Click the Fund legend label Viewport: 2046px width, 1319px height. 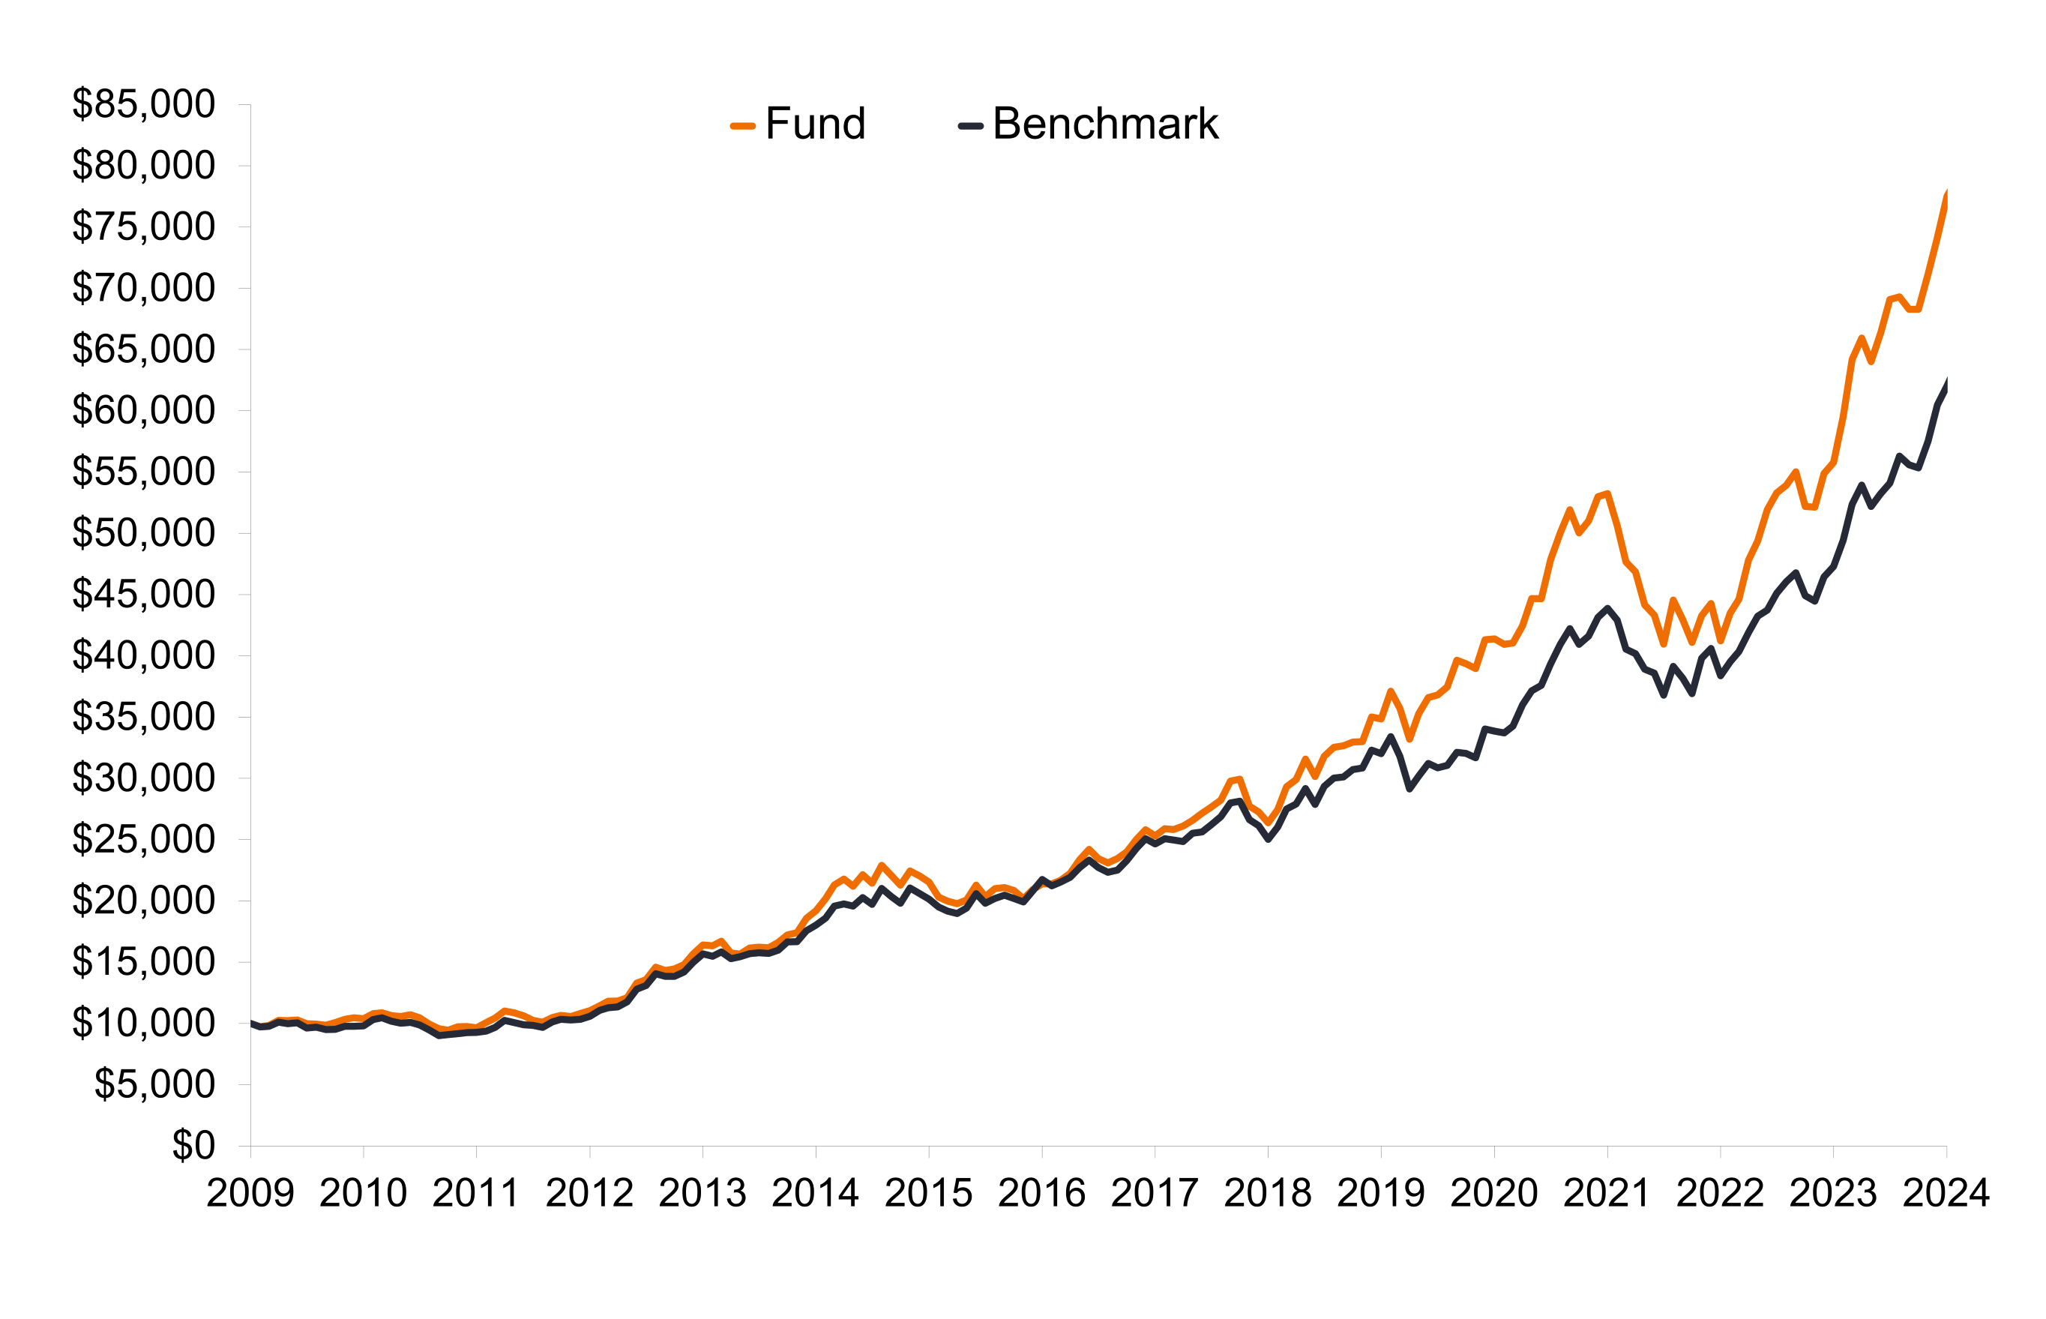(x=814, y=124)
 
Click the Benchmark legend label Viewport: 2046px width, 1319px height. (x=1104, y=124)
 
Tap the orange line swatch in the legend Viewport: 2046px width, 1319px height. (x=742, y=126)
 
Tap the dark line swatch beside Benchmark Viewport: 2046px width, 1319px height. (x=970, y=126)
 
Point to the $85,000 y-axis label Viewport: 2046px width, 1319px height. (x=143, y=104)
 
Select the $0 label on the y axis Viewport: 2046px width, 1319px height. (x=193, y=1145)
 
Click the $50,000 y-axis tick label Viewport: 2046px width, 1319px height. (x=143, y=532)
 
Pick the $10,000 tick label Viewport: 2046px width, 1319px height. (x=143, y=1023)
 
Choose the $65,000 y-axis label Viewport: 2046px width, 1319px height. (x=143, y=349)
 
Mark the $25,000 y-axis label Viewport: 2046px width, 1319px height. (x=143, y=839)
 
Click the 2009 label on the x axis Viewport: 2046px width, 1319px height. (x=250, y=1193)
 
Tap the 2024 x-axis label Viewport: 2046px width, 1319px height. (x=1945, y=1193)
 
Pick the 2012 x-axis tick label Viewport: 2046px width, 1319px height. (x=589, y=1193)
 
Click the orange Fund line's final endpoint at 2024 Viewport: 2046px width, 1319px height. (x=1946, y=195)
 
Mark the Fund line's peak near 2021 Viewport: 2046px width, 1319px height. (x=1607, y=493)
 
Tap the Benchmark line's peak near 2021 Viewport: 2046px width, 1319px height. (x=1607, y=609)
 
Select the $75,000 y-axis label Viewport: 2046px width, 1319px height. (x=143, y=227)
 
